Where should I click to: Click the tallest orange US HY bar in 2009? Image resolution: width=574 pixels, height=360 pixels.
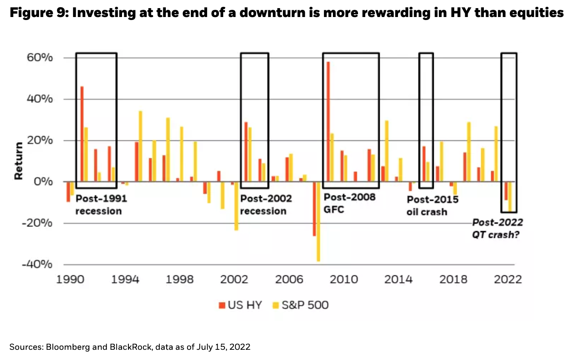click(x=328, y=122)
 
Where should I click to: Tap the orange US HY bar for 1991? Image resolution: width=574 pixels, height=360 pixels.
click(x=82, y=134)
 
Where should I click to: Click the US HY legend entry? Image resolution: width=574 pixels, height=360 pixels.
click(x=240, y=305)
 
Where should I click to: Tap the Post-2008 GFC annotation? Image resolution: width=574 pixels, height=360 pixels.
click(x=350, y=203)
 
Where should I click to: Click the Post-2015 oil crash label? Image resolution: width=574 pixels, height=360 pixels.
click(x=432, y=205)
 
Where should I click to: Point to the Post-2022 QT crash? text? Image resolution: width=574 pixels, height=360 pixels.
click(x=497, y=229)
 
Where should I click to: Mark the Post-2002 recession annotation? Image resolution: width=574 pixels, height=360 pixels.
click(x=266, y=205)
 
